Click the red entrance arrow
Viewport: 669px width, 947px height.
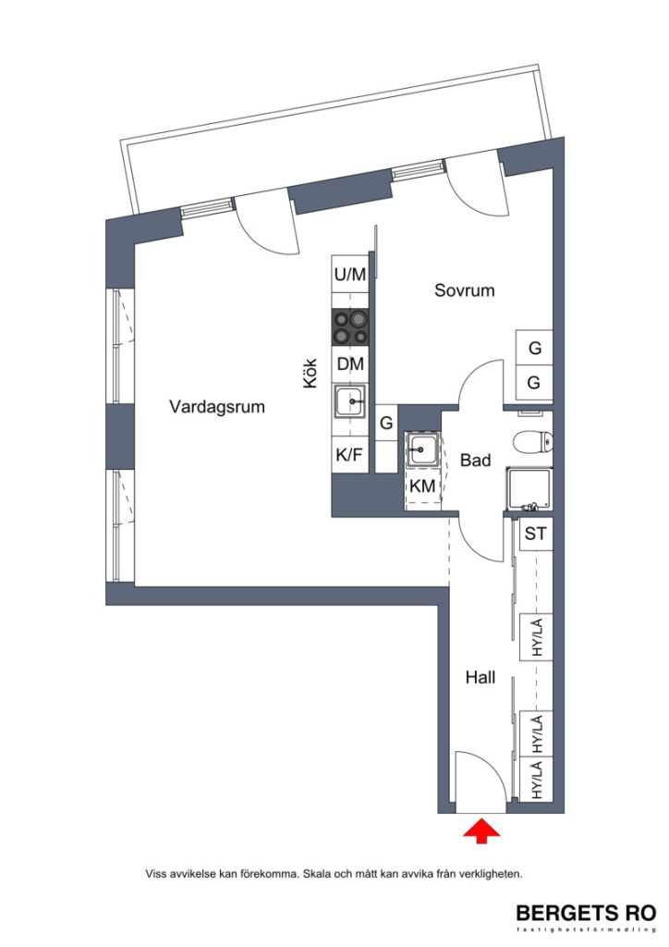[480, 831]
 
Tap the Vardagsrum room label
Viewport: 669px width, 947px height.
[218, 406]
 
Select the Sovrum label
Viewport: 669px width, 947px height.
[465, 290]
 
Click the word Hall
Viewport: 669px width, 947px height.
[480, 678]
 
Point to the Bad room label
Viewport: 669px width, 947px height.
[475, 460]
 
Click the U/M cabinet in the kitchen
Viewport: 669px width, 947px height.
[350, 274]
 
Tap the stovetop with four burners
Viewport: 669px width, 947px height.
[350, 326]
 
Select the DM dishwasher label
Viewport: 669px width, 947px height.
[350, 364]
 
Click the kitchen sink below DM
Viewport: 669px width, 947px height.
[350, 403]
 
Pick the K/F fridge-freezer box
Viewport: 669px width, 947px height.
[349, 455]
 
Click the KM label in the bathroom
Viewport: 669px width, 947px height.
[422, 487]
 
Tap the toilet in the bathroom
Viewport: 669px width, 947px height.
[531, 442]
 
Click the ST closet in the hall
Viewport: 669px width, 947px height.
[535, 534]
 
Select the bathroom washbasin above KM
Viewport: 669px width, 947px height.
[421, 451]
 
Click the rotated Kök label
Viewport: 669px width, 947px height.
[311, 377]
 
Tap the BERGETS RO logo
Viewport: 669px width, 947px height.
[586, 914]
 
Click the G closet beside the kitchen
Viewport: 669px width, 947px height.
[386, 424]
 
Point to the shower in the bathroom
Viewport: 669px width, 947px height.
[529, 488]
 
